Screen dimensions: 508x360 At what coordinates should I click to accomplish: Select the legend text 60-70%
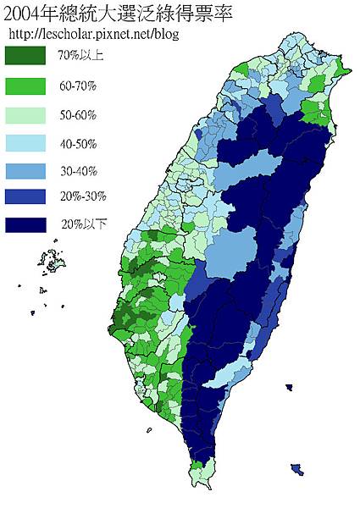point(77,86)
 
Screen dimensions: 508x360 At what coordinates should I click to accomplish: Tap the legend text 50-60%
point(77,113)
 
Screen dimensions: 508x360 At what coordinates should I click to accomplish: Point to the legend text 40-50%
point(77,142)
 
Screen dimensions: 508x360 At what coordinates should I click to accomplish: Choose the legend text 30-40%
point(77,170)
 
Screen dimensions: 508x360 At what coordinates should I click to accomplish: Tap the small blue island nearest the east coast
point(290,388)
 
